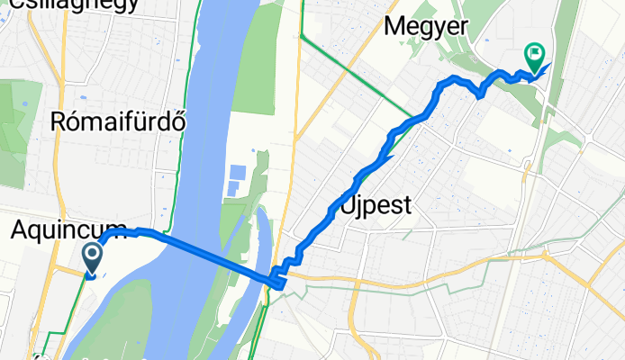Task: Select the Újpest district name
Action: (376, 205)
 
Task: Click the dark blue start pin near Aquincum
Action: (93, 259)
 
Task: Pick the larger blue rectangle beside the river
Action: (237, 172)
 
